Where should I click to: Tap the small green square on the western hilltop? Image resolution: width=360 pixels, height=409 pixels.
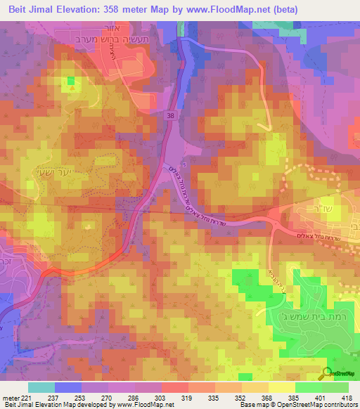(x=70, y=80)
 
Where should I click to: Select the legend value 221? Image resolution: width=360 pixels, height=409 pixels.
(x=26, y=397)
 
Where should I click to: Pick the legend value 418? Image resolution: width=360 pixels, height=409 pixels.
(x=347, y=397)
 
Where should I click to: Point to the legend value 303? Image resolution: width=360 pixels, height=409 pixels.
(x=160, y=397)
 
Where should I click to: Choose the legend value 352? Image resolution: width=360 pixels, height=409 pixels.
(x=240, y=397)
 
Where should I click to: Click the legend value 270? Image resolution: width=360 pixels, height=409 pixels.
(x=106, y=397)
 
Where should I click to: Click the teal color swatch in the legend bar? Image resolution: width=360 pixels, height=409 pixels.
(x=41, y=387)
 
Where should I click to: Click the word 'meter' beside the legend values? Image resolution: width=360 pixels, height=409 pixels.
(x=11, y=397)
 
